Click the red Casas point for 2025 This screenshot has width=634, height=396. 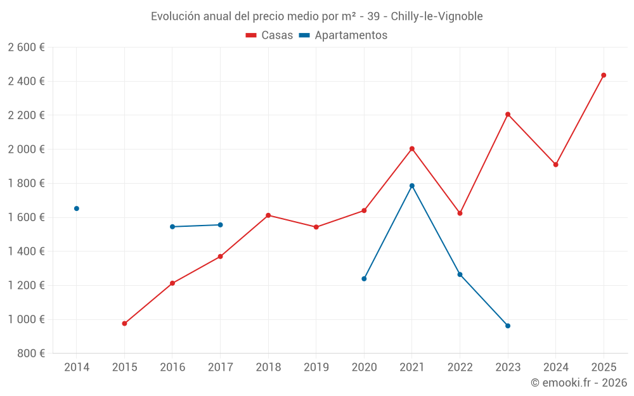pos(604,75)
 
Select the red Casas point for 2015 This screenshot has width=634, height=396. pos(124,324)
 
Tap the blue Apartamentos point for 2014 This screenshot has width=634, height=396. pos(77,208)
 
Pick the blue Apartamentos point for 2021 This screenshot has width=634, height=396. pos(412,186)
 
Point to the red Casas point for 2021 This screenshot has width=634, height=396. pos(412,149)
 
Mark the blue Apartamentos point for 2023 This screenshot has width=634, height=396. pos(508,326)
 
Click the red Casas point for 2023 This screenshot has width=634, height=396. pos(508,115)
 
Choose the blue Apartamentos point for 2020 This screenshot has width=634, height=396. pos(364,279)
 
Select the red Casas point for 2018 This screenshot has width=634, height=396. pos(268,215)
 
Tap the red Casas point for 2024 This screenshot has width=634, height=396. pos(555,165)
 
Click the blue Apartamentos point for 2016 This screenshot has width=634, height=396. pos(172,227)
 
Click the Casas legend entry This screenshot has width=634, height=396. pos(269,35)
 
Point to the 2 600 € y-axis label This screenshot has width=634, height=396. pos(26,48)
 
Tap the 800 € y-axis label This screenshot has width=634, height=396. pos(30,354)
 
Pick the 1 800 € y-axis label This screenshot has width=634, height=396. pos(26,183)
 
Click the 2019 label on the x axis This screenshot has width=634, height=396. pos(316,367)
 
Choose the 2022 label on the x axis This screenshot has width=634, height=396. pos(460,367)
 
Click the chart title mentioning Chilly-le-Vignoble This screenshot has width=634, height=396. pos(316,16)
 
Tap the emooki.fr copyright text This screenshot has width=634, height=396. pos(578,383)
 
